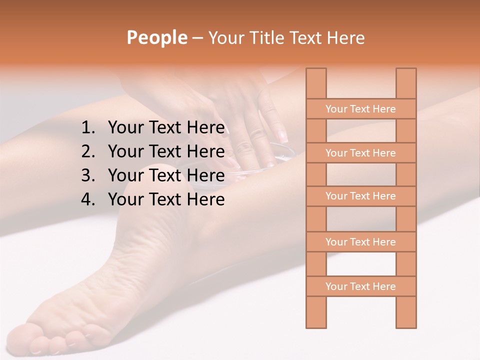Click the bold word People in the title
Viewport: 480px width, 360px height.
click(156, 38)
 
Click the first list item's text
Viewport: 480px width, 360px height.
click(166, 128)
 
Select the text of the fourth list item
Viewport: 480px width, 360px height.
click(166, 199)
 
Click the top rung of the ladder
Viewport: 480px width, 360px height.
click(360, 109)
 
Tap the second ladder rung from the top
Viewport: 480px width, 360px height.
click(360, 153)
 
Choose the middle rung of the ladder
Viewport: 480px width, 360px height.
click(360, 196)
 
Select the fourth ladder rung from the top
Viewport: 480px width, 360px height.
click(360, 242)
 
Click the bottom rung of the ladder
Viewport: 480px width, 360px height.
click(360, 286)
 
